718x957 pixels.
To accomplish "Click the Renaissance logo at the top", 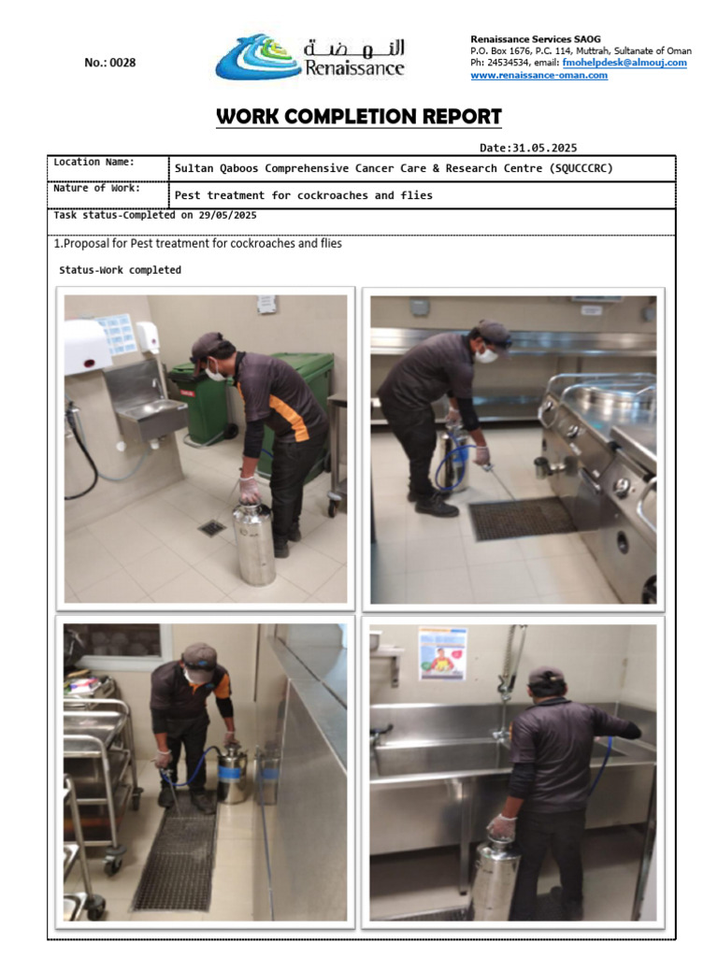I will click(x=309, y=58).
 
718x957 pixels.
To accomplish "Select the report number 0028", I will click(x=109, y=63).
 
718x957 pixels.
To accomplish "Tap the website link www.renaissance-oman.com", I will click(x=538, y=75).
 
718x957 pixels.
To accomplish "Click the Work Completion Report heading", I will click(x=359, y=117).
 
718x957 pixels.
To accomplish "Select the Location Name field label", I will click(x=93, y=162).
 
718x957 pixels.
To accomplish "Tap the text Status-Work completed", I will click(x=121, y=270).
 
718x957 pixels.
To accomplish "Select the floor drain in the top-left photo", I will click(x=211, y=528).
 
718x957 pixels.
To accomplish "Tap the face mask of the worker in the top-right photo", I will click(x=486, y=355).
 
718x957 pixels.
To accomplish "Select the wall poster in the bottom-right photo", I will click(x=442, y=652).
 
